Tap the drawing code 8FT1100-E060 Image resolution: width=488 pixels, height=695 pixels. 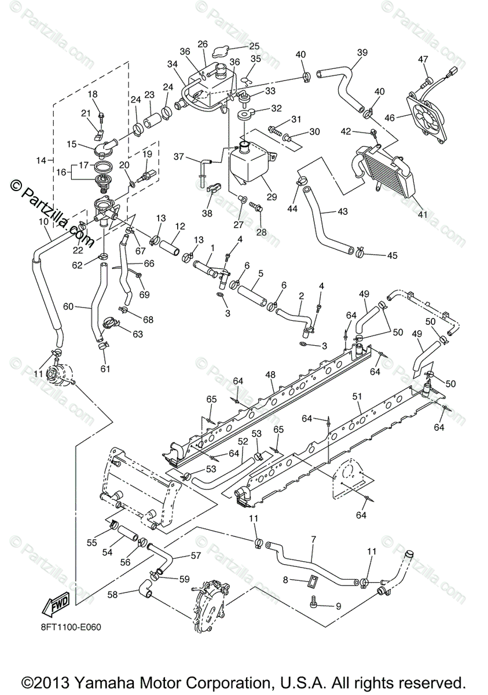pos(71,626)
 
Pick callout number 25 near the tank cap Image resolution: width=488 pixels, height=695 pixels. pos(254,46)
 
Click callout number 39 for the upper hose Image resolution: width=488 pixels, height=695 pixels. pos(362,52)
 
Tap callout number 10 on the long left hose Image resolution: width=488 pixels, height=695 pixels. pos(43,221)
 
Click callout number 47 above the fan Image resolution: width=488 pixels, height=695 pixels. pos(423,59)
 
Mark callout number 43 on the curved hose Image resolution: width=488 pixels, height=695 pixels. pos(343,212)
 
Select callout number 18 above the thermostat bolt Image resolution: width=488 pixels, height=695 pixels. pos(93,94)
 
